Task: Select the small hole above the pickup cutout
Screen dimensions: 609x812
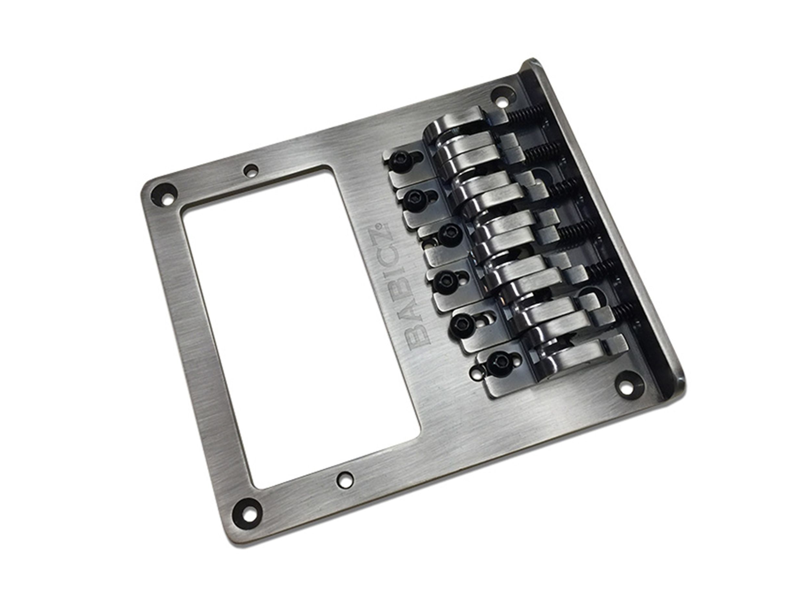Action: (x=251, y=170)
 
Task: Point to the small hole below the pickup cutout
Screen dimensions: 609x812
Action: (x=343, y=477)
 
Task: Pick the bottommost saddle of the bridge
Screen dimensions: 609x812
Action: (x=562, y=356)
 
